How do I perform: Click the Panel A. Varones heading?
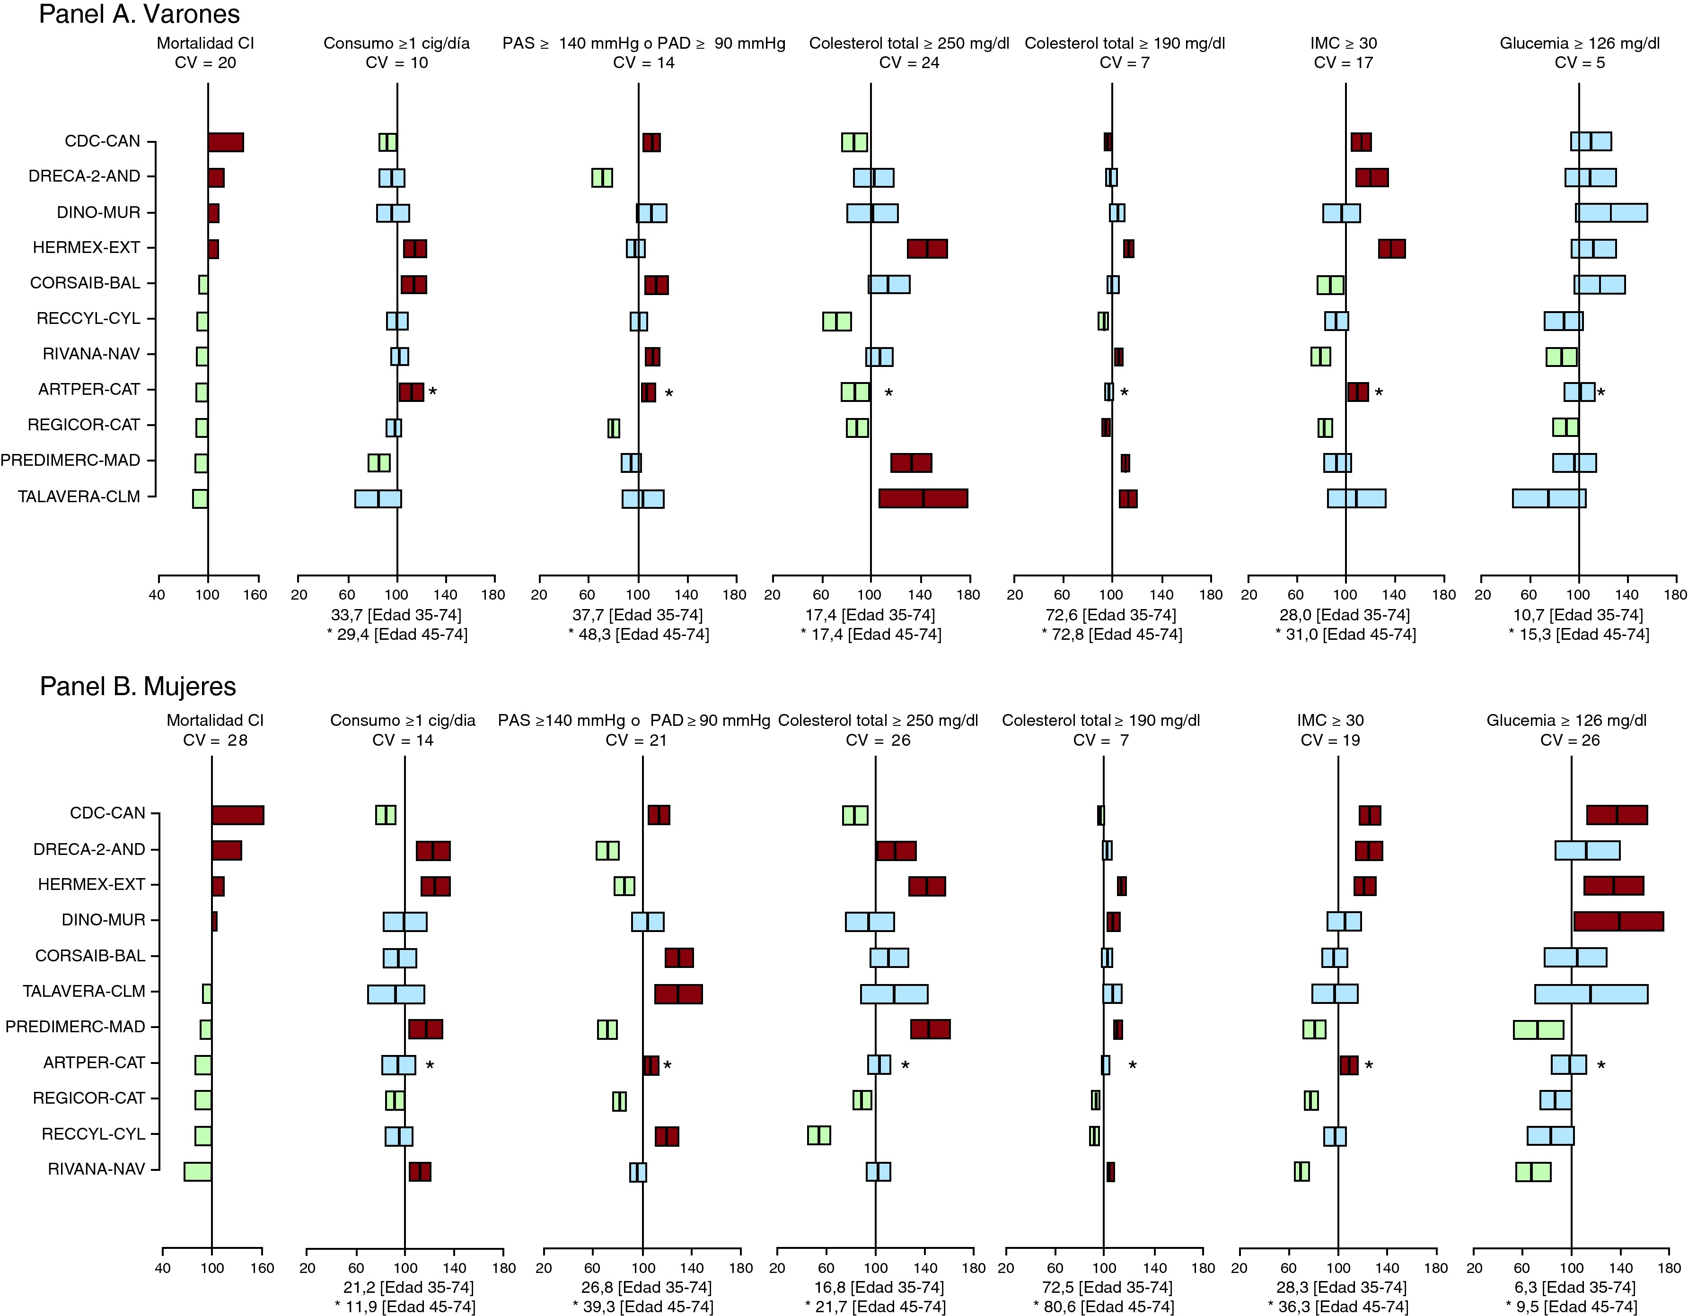(139, 15)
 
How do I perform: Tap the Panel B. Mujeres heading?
(138, 686)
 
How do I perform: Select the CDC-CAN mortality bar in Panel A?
(226, 142)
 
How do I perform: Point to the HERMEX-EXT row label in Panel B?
(91, 885)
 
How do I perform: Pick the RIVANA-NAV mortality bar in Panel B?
(198, 1171)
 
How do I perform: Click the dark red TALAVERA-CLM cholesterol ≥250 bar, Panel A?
(923, 498)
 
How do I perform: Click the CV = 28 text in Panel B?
(215, 741)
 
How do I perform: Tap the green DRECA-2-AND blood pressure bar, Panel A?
(602, 178)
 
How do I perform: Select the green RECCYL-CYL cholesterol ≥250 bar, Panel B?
(818, 1135)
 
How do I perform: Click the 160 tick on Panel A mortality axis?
(256, 594)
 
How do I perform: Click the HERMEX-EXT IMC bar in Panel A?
(1391, 249)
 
